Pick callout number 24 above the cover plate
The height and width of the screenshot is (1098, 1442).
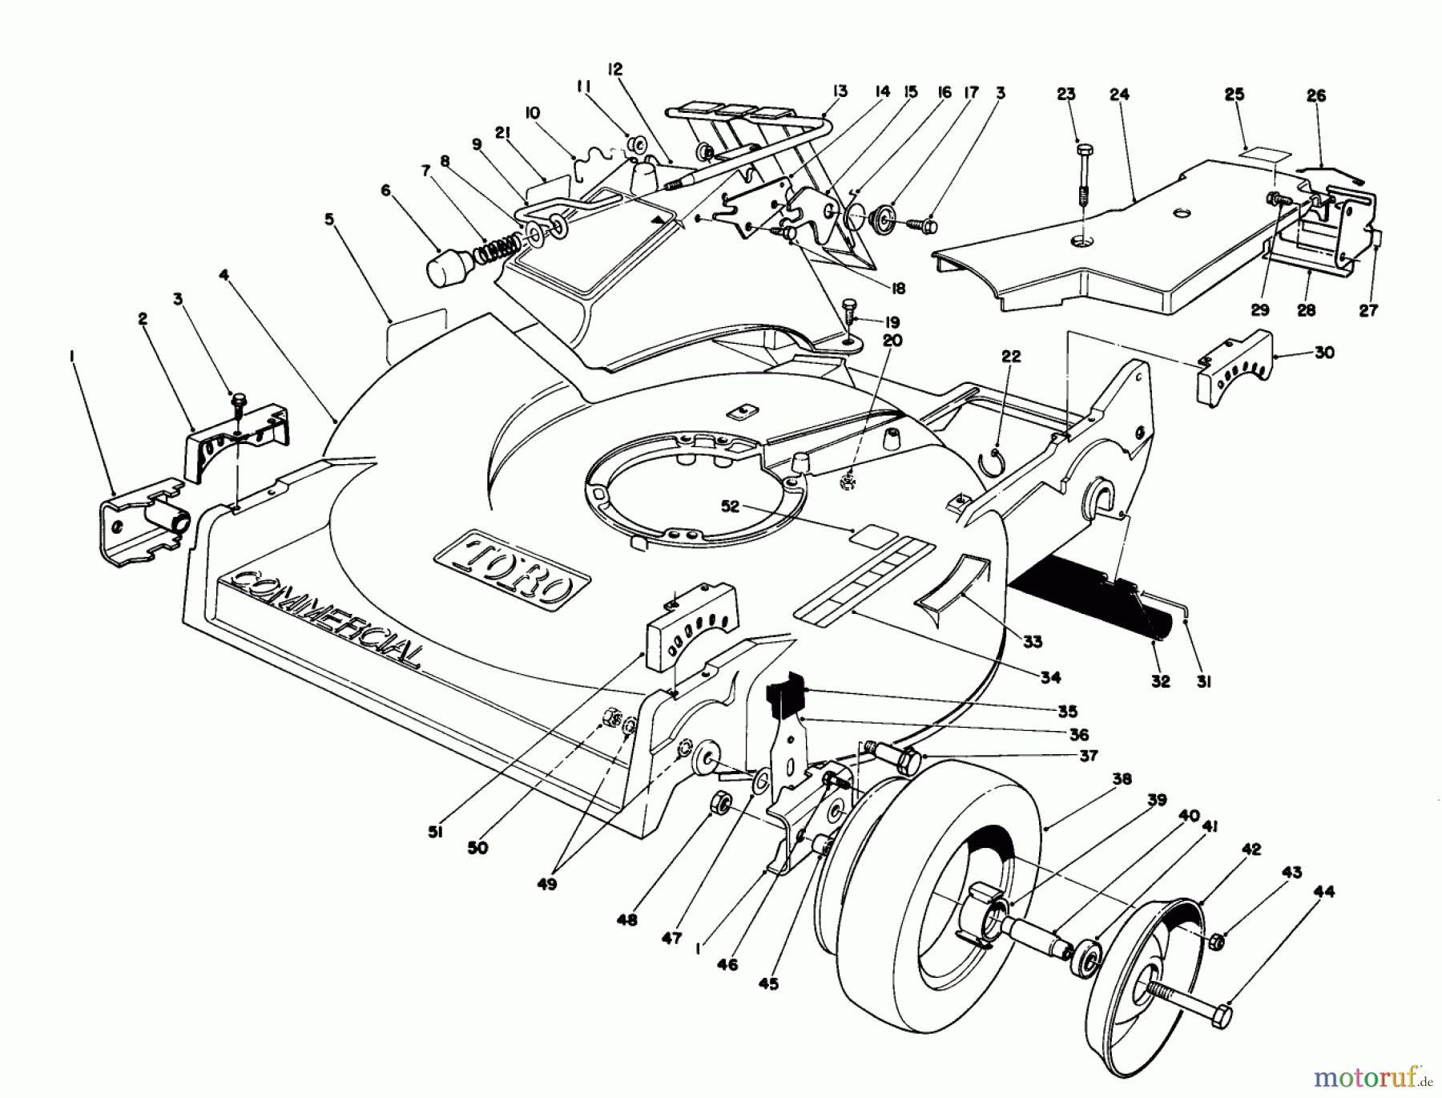[1119, 95]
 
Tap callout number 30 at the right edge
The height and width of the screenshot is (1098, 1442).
[1324, 352]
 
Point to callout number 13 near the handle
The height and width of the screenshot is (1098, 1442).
[839, 91]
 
